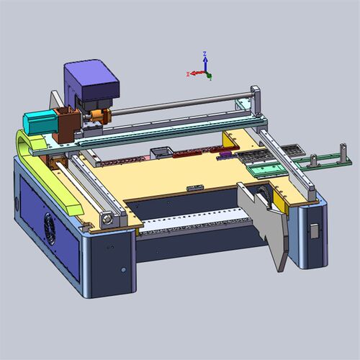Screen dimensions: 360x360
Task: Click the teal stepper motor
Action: [x=40, y=122]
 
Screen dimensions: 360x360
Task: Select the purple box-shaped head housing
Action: [x=91, y=81]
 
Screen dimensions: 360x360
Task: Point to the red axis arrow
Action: [x=196, y=73]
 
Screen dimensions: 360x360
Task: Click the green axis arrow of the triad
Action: [x=209, y=76]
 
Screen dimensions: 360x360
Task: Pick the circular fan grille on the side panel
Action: [x=50, y=229]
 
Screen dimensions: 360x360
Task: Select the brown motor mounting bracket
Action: [x=67, y=124]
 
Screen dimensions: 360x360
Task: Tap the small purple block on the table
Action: [x=225, y=154]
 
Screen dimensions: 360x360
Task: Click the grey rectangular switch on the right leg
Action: [x=315, y=231]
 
